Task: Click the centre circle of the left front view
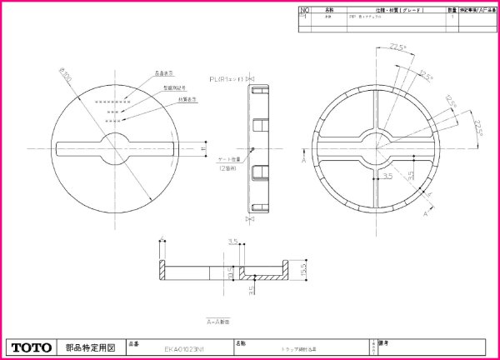click(x=118, y=147)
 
